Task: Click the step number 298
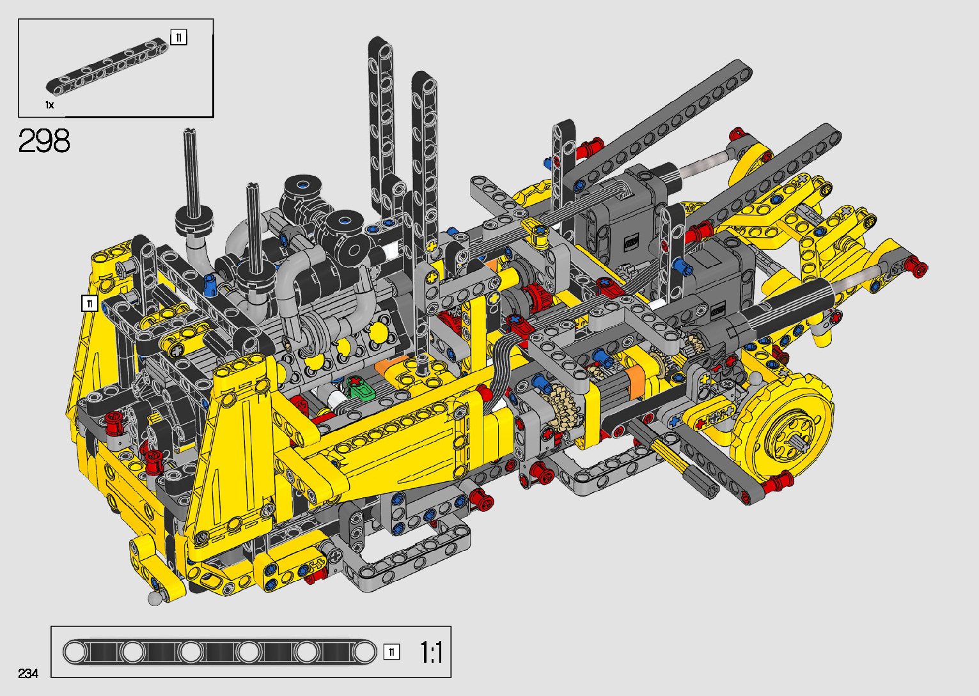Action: point(44,141)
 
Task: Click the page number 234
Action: point(28,673)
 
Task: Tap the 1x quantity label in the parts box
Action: point(49,105)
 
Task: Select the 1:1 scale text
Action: point(432,653)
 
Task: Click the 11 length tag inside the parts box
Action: point(179,38)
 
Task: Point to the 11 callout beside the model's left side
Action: point(90,303)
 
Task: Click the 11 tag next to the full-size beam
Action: point(391,653)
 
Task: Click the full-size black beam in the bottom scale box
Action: point(219,653)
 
